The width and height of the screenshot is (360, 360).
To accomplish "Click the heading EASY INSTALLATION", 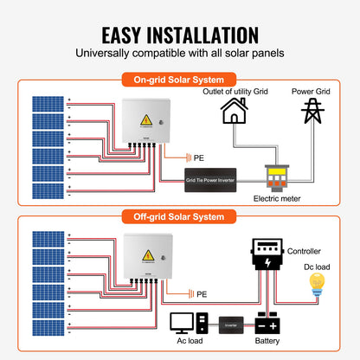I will (180, 35).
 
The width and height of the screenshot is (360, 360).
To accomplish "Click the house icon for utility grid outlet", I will (233, 112).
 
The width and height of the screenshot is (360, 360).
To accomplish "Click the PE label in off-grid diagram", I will (202, 294).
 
